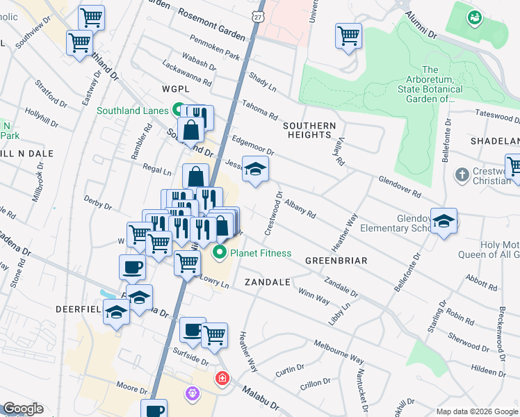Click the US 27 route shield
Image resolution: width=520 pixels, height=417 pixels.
tap(259, 15)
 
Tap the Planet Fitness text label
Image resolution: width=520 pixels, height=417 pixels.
tap(261, 253)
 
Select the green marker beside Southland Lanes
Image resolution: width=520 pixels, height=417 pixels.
tap(178, 111)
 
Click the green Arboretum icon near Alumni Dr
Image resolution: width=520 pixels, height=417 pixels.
tap(475, 17)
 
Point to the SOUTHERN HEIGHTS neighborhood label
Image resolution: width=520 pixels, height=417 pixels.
tap(309, 131)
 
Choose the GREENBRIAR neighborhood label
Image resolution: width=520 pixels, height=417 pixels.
tap(335, 260)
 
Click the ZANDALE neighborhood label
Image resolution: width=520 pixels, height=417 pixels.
tap(267, 283)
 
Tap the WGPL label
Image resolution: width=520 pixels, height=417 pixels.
tap(175, 90)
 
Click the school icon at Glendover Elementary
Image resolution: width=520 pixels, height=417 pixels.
tap(444, 222)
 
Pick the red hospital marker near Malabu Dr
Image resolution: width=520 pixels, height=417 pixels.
tap(222, 379)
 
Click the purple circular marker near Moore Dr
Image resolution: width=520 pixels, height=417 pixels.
tap(193, 393)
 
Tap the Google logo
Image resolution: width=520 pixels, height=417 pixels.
tap(23, 409)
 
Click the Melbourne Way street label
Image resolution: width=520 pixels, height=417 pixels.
tap(339, 351)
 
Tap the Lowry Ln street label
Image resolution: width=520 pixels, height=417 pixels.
tap(214, 281)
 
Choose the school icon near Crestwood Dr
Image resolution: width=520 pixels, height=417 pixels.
tap(256, 170)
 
